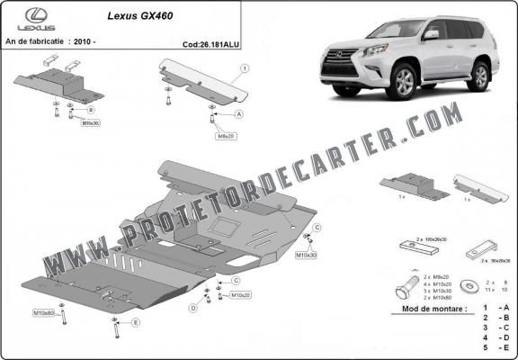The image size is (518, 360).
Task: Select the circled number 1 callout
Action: [x=246, y=67]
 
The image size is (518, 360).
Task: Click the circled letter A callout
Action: [x=239, y=115]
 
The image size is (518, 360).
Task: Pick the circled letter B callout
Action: [x=90, y=110]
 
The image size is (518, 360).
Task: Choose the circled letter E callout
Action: [x=136, y=321]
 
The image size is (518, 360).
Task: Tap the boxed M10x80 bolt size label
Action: [x=44, y=312]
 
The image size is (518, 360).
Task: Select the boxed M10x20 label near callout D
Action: [x=240, y=294]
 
